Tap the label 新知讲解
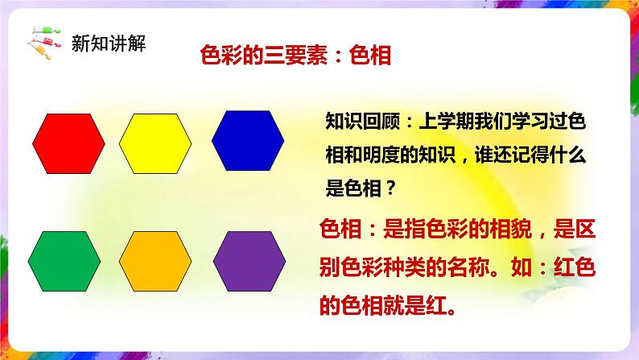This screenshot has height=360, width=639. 108,42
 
